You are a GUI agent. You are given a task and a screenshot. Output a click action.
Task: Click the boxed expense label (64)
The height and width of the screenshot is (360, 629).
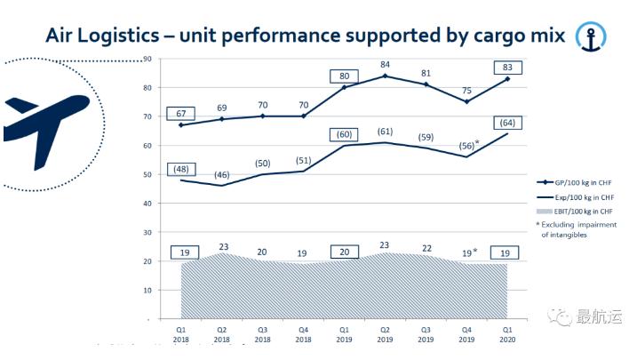tap(509, 123)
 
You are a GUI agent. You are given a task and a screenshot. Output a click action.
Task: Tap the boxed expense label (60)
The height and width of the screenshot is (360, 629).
tap(344, 134)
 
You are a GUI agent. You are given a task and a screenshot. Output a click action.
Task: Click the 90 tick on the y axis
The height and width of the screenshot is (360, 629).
tap(147, 60)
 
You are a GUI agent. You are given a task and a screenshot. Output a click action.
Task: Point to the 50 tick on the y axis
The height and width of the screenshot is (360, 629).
tap(147, 174)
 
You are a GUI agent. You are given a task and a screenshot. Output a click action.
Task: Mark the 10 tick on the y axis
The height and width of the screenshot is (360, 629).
tap(147, 290)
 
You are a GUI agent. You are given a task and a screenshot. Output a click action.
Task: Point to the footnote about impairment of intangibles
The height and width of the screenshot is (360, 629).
tap(572, 230)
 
